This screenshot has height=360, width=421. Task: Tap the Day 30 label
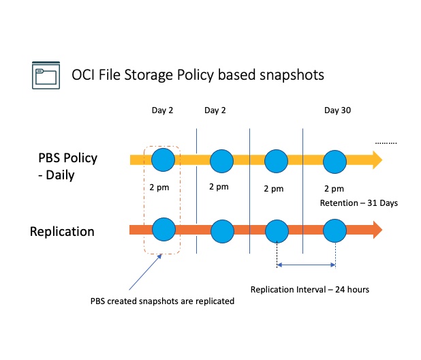(337, 110)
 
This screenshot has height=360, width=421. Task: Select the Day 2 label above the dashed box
(161, 110)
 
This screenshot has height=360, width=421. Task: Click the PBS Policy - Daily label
(67, 166)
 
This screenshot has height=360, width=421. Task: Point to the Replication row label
(61, 232)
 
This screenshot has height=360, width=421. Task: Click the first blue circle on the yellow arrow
(163, 160)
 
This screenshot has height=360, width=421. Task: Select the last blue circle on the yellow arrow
(335, 162)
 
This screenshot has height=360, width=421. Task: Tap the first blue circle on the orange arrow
(163, 228)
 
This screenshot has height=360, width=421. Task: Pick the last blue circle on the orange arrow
(335, 229)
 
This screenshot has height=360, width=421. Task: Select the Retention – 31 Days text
(358, 202)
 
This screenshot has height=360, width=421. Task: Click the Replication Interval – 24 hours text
(309, 289)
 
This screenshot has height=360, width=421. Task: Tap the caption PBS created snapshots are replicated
(161, 301)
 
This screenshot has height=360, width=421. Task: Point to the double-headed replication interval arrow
(306, 265)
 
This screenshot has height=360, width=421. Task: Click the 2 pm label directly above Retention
(334, 188)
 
